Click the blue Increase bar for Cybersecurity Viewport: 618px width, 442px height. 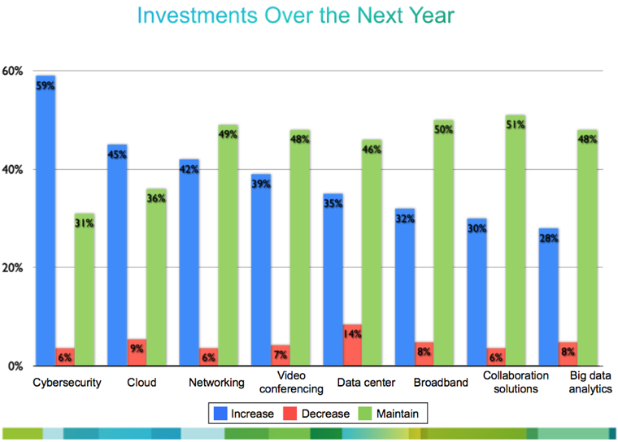click(x=45, y=219)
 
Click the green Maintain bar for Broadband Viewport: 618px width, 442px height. click(x=443, y=243)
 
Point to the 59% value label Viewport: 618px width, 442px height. click(x=45, y=84)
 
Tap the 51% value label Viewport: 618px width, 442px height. click(x=516, y=125)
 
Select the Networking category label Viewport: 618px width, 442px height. click(x=216, y=382)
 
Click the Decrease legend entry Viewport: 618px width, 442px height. click(x=324, y=414)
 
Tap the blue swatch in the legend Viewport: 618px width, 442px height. click(x=219, y=414)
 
